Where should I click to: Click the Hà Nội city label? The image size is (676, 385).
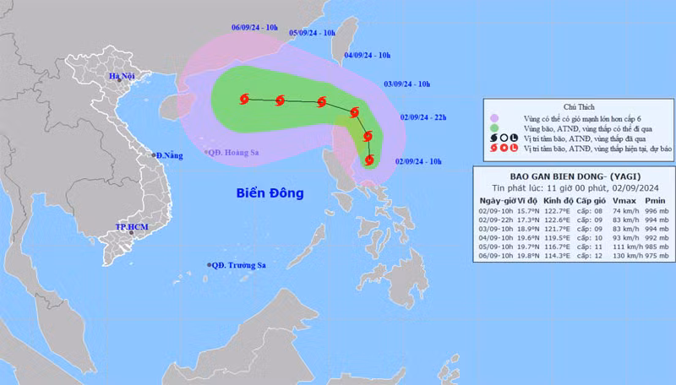click(x=122, y=77)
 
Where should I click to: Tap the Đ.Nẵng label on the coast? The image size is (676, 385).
click(x=169, y=155)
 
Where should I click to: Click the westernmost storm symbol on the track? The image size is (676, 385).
click(x=244, y=100)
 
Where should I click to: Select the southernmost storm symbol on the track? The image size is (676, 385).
click(x=370, y=159)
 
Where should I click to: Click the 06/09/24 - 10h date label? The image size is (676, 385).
click(x=256, y=27)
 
